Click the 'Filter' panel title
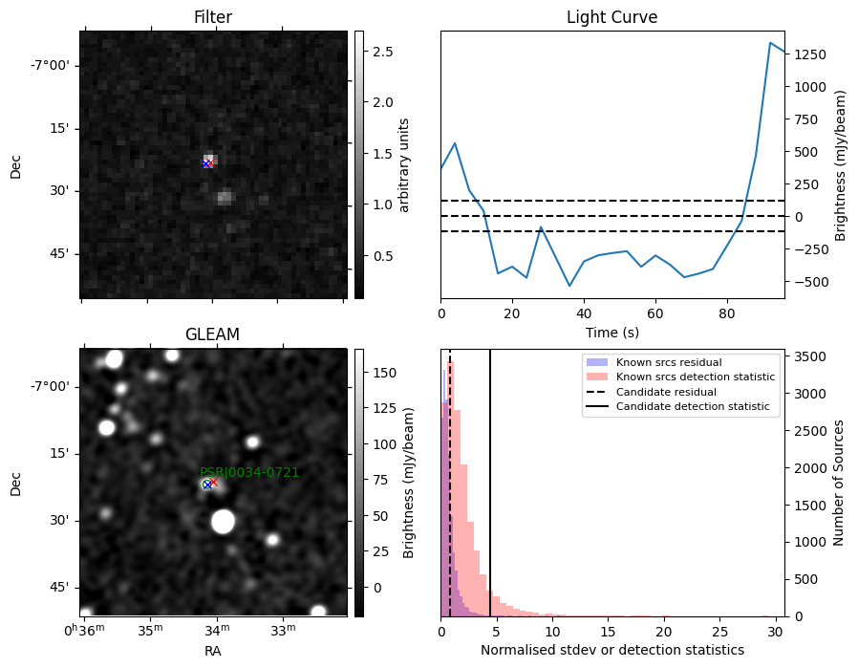(x=213, y=17)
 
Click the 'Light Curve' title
(x=611, y=17)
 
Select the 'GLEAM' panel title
(x=213, y=334)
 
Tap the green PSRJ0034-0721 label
(x=249, y=472)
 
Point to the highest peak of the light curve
(x=770, y=43)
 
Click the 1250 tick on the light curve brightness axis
(x=811, y=54)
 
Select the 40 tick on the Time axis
(x=584, y=314)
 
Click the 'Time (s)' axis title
(x=612, y=332)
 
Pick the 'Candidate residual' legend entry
(x=666, y=392)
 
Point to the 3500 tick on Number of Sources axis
(x=810, y=356)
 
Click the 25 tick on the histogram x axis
(x=720, y=632)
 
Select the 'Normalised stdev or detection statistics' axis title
(x=612, y=650)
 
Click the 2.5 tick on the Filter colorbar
(x=383, y=52)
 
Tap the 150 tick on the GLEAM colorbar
(x=385, y=373)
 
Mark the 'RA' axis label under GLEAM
(x=213, y=651)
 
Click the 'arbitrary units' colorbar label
(x=404, y=165)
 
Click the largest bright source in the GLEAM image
(x=223, y=522)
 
